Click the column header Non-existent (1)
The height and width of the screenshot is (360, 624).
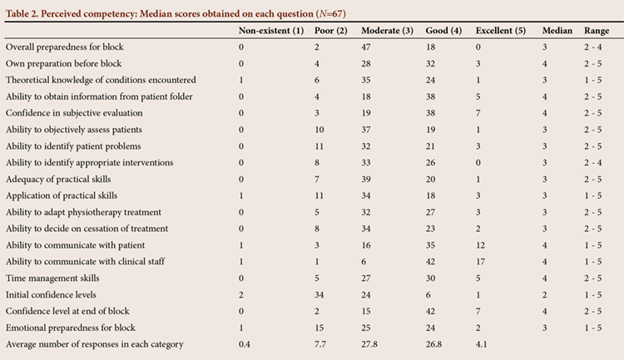point(271,31)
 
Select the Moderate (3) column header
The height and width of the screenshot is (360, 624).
point(387,31)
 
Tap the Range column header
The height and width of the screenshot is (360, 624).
point(597,31)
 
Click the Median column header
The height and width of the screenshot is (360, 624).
point(557,31)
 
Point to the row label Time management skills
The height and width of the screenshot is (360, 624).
point(52,278)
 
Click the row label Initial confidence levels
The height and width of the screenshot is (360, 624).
point(51,295)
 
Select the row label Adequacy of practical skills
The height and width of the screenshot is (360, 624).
point(58,179)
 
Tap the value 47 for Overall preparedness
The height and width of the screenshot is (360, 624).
point(366,47)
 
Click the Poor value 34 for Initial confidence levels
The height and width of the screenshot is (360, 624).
point(319,295)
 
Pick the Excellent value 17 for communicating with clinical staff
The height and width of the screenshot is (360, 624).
point(480,262)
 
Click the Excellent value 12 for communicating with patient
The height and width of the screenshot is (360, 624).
point(480,245)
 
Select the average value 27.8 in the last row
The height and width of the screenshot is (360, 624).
point(369,344)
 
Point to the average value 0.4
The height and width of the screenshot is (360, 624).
point(245,344)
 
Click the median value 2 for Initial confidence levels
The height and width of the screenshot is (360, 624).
point(545,295)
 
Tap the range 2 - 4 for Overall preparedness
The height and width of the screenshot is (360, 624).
point(593,47)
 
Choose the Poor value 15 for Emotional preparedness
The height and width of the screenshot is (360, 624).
point(319,328)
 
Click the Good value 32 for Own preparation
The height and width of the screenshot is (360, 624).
point(430,64)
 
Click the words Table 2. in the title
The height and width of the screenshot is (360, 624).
point(22,14)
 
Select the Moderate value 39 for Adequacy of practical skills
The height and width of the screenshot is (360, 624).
point(366,179)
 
